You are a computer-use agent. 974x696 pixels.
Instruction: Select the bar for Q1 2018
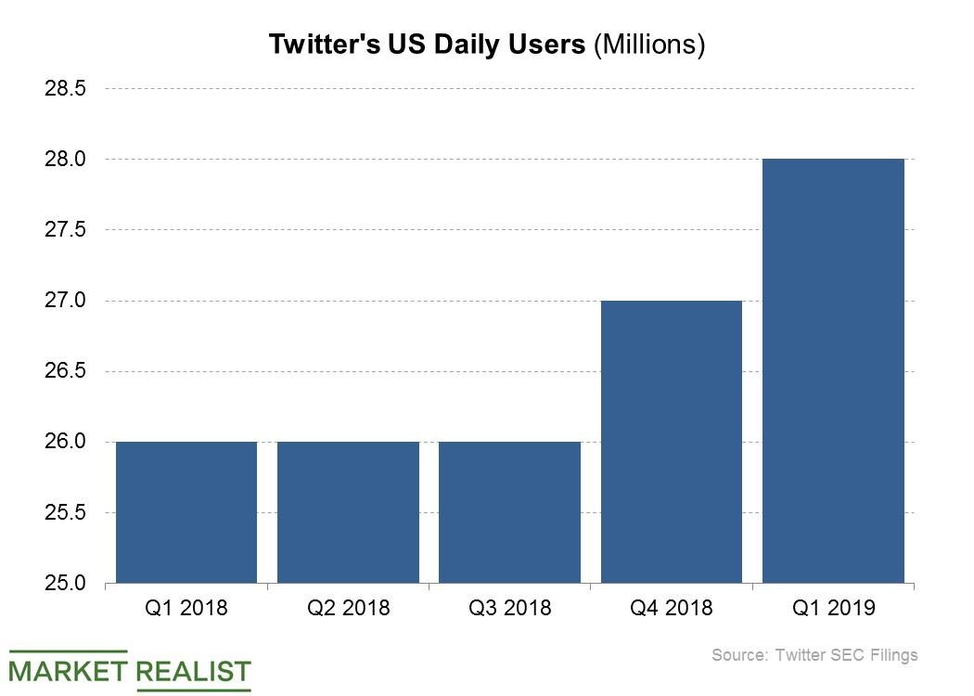186,512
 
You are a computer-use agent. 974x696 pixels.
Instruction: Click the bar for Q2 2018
348,512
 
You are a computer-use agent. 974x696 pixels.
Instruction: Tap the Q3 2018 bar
509,512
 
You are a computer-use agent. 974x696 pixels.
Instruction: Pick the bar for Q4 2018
672,442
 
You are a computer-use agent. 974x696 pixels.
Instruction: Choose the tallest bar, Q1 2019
833,371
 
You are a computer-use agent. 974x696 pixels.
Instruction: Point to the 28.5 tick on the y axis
65,89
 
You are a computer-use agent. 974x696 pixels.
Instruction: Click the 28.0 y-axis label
65,160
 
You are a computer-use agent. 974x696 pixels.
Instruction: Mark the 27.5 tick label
65,230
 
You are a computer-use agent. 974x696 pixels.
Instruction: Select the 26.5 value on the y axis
65,371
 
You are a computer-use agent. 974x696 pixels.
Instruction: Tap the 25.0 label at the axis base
65,584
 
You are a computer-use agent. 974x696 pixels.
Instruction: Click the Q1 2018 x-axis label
186,609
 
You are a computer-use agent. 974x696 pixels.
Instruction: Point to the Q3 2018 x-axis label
509,609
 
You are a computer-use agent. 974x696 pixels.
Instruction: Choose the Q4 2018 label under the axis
672,609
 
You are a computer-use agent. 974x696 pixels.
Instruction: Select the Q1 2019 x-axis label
833,609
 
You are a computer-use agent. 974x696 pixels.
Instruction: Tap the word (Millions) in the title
649,45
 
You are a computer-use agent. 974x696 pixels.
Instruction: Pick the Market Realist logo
131,670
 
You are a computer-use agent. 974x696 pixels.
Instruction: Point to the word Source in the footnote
738,655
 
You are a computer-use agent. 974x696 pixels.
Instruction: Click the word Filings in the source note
890,655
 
